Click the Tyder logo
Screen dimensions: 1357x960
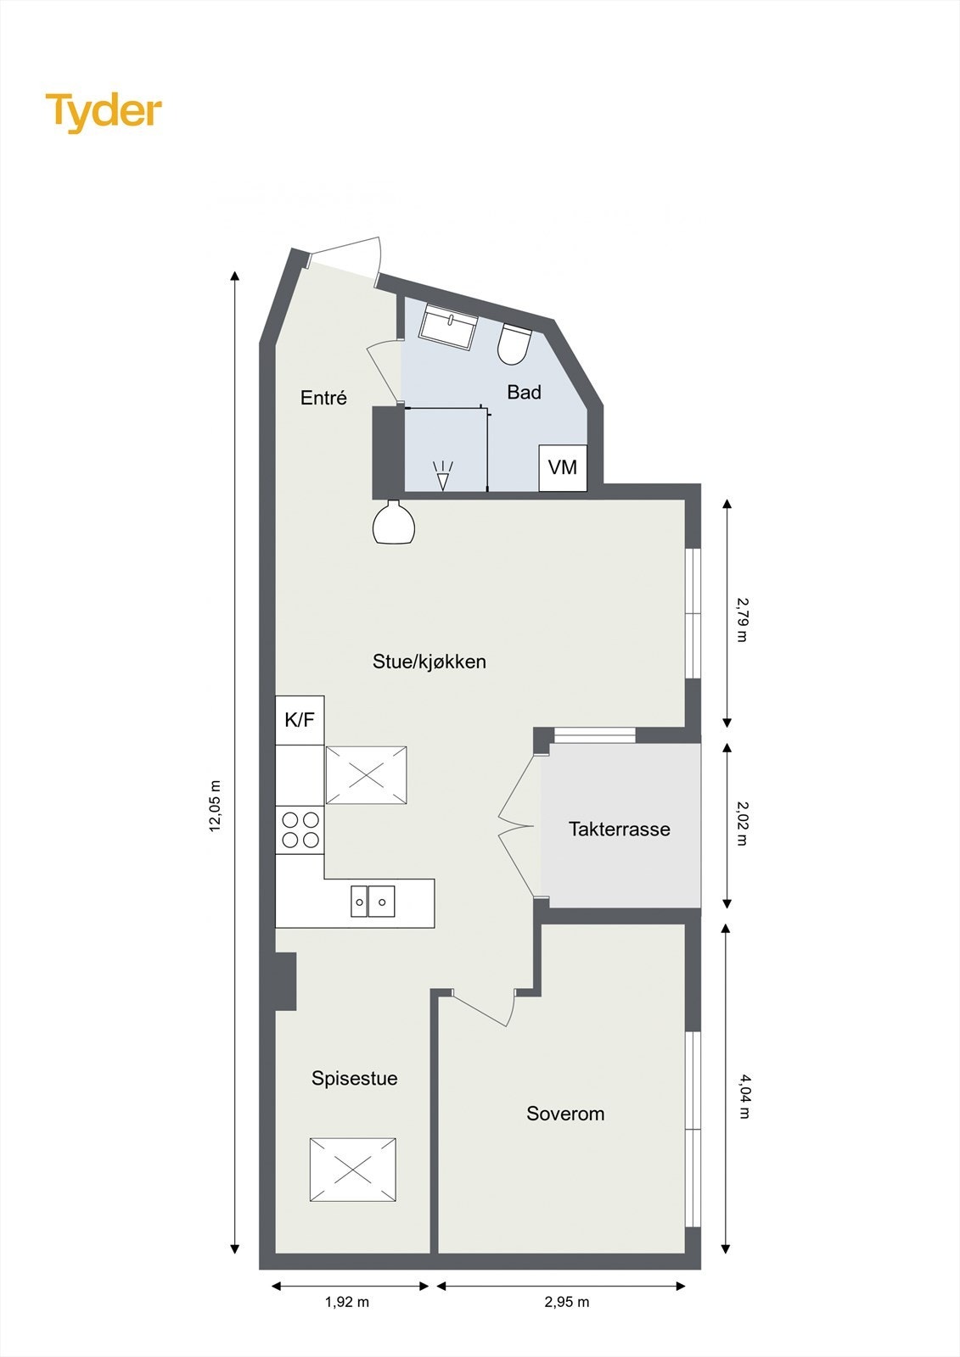click(104, 112)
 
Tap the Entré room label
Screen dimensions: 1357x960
click(323, 398)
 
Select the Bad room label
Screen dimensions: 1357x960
click(524, 392)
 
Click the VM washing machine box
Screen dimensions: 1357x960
click(563, 467)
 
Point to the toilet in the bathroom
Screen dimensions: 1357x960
click(514, 344)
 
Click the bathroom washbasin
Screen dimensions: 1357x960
click(449, 328)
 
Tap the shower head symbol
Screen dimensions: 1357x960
click(442, 475)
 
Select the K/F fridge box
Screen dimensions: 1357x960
click(300, 720)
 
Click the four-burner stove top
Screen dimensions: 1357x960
click(300, 829)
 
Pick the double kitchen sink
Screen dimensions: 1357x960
click(373, 901)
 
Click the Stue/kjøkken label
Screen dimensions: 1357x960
click(429, 662)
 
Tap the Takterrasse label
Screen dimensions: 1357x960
click(619, 829)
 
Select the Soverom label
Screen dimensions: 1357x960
click(565, 1114)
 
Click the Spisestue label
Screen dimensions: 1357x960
click(354, 1078)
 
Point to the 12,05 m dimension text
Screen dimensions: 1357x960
click(216, 806)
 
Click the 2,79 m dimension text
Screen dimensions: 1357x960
click(742, 619)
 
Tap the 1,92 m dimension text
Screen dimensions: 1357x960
click(347, 1302)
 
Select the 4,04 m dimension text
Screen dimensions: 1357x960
click(744, 1096)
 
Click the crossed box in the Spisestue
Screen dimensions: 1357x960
click(353, 1170)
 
